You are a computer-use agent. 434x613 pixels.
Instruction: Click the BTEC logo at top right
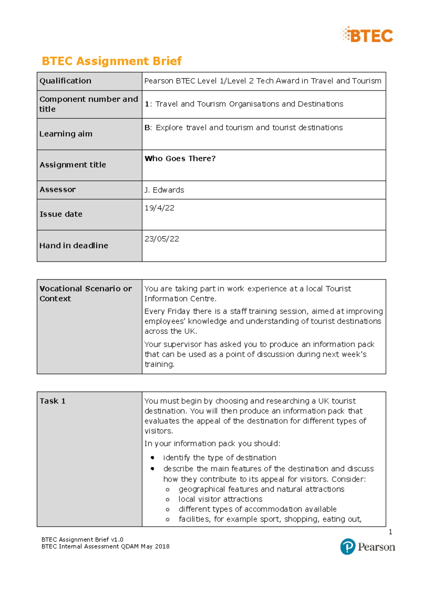[x=367, y=35]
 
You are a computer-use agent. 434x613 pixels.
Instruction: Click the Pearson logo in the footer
[x=367, y=547]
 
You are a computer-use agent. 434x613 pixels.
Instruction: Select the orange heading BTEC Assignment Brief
[x=111, y=61]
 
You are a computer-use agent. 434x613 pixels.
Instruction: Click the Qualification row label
[x=65, y=81]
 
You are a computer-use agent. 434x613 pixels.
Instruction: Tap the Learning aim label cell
[x=66, y=134]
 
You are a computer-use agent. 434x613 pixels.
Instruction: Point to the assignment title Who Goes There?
[x=180, y=159]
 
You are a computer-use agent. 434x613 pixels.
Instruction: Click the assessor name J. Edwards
[x=164, y=190]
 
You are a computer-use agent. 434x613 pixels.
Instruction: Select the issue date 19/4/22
[x=159, y=208]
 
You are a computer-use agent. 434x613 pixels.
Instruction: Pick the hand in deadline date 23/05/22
[x=162, y=239]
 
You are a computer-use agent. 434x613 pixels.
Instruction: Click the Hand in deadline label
[x=74, y=246]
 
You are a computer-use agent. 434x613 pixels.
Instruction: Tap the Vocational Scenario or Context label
[x=85, y=293]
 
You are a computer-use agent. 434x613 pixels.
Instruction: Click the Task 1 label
[x=52, y=401]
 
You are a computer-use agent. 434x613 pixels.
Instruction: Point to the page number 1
[x=390, y=532]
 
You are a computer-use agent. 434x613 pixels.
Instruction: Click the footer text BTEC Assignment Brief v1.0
[x=82, y=539]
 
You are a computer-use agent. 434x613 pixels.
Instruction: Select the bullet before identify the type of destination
[x=153, y=458]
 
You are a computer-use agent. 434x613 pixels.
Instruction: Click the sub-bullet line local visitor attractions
[x=220, y=499]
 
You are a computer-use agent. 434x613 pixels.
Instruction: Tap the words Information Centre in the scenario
[x=180, y=299]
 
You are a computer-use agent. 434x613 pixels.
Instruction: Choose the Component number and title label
[x=89, y=104]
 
